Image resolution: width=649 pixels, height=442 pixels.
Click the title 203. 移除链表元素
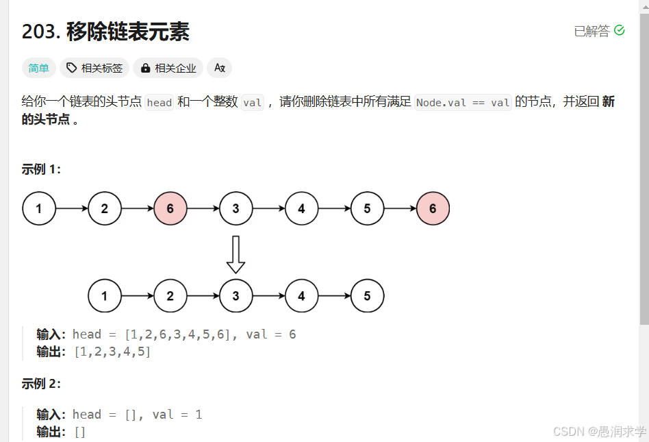105,32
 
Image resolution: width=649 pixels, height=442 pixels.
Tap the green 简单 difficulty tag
38,68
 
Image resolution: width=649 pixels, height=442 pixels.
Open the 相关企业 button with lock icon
168,68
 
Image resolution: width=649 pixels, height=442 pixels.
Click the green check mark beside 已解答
620,31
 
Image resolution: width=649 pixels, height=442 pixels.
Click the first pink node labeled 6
170,208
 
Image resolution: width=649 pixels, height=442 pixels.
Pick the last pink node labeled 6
433,208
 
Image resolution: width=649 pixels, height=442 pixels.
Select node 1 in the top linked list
39,208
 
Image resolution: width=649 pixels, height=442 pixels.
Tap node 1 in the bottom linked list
105,296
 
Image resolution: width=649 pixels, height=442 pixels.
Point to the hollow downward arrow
236,254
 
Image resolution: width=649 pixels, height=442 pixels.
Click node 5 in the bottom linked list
367,296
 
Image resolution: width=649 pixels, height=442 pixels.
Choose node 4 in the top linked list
301,208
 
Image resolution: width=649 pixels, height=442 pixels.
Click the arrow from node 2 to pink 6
138,208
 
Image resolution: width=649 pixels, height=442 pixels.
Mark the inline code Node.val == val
463,103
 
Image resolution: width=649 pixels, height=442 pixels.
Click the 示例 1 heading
41,169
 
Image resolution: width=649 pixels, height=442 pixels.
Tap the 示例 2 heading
41,384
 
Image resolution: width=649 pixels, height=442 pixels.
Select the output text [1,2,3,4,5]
112,352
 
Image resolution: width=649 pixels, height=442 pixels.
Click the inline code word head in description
160,103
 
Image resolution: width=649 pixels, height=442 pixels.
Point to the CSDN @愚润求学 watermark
599,431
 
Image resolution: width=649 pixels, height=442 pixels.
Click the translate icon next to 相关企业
219,68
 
